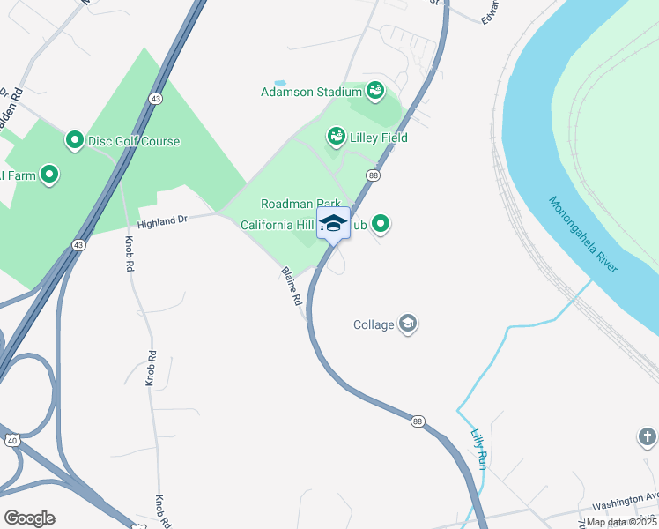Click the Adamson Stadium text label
click(x=311, y=92)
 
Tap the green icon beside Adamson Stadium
click(x=375, y=90)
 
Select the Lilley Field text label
click(x=378, y=138)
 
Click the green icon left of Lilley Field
click(x=336, y=136)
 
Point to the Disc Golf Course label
click(x=134, y=141)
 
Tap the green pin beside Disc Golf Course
click(x=74, y=140)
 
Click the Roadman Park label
click(x=300, y=204)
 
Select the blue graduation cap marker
click(x=333, y=222)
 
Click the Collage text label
click(x=374, y=324)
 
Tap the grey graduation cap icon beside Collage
click(x=408, y=324)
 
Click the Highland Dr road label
click(x=163, y=221)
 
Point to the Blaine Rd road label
click(x=292, y=287)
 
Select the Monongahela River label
click(x=584, y=234)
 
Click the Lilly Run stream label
click(x=478, y=449)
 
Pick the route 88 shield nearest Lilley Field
click(x=374, y=176)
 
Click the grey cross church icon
click(x=648, y=436)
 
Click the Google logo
click(x=29, y=518)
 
